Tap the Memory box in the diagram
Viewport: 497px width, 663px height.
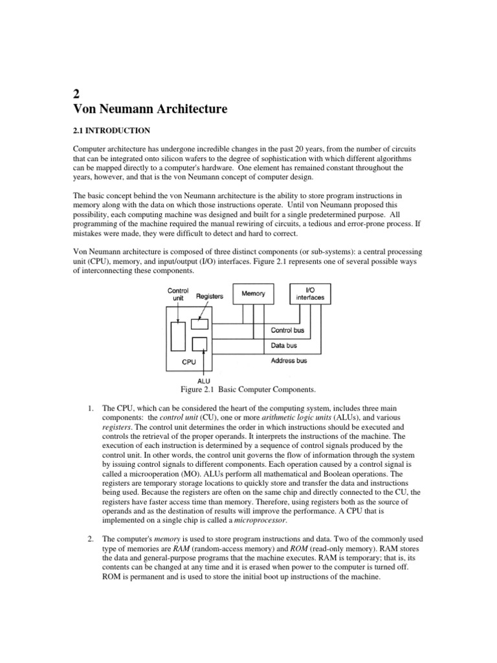[x=254, y=293]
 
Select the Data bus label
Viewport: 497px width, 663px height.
[x=284, y=346]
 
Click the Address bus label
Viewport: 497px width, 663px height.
[x=289, y=361]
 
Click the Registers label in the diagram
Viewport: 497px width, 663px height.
[x=208, y=297]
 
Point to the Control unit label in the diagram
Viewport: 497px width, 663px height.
[x=178, y=295]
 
